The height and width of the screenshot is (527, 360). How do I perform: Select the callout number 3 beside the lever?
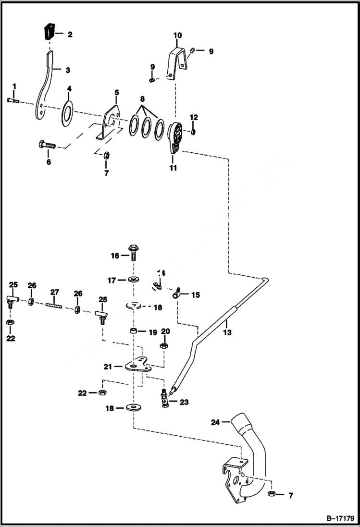tap(68, 70)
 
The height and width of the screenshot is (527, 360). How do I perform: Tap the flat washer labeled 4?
tap(67, 111)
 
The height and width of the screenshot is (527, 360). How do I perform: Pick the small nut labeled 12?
tap(193, 132)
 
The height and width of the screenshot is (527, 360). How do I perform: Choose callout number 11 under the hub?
tap(173, 168)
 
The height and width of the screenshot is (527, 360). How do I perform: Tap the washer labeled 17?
tap(133, 279)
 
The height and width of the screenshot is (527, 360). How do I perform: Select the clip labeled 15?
tap(176, 291)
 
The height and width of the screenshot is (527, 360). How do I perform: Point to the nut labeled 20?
tap(163, 345)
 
